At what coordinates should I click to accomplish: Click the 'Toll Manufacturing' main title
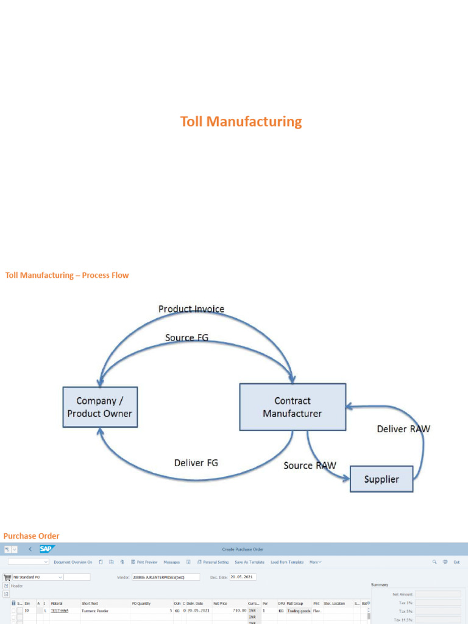(x=241, y=121)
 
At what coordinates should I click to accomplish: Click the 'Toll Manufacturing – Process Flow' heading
(x=67, y=275)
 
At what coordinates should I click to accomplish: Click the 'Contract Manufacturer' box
(x=292, y=406)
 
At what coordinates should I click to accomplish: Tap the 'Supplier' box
(x=381, y=479)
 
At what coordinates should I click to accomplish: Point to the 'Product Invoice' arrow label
(x=191, y=309)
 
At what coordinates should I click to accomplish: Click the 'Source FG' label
(x=186, y=338)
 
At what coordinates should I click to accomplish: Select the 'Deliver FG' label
(x=196, y=463)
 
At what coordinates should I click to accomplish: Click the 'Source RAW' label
(x=310, y=466)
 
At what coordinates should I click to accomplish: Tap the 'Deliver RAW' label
(x=403, y=429)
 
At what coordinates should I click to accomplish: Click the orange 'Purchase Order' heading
(x=32, y=536)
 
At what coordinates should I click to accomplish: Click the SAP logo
(x=48, y=549)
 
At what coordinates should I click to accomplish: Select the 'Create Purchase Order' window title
(x=243, y=550)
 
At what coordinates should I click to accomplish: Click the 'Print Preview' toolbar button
(x=144, y=562)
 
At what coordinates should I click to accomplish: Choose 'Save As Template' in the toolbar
(x=249, y=562)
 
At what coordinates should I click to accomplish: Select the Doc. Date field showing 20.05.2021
(x=243, y=577)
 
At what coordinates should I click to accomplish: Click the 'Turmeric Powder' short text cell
(x=94, y=610)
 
